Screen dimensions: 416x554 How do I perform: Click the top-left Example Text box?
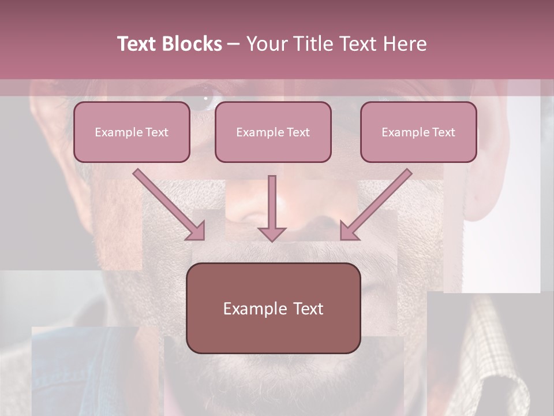(x=132, y=132)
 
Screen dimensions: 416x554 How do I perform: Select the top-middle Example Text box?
(x=273, y=132)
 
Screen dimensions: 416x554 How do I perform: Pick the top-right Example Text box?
(x=418, y=132)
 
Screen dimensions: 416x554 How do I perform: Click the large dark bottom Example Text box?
(x=273, y=308)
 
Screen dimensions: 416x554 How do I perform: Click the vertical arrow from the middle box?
(x=272, y=205)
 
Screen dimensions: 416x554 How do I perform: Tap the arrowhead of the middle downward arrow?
(x=272, y=234)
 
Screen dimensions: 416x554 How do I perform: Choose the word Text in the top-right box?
(x=443, y=132)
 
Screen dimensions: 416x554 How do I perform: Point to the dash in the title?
(x=234, y=44)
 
